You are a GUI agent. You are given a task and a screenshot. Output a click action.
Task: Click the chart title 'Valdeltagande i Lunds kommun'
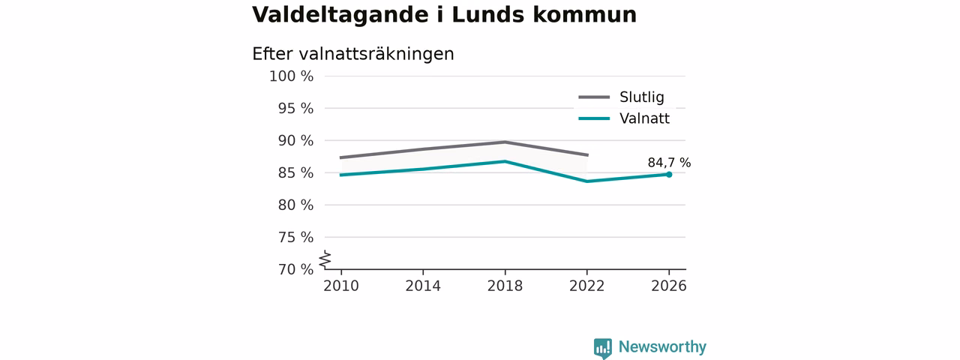(444, 15)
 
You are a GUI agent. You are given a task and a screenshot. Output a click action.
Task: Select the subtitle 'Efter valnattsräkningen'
(352, 54)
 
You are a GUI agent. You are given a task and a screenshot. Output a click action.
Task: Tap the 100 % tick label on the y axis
(291, 76)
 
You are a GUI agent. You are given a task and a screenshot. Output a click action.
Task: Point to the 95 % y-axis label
(295, 109)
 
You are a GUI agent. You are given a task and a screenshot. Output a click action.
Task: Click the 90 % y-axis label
(295, 140)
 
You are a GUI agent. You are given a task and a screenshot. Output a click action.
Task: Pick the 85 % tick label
(295, 172)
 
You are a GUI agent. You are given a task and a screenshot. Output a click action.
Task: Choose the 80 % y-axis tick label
(295, 205)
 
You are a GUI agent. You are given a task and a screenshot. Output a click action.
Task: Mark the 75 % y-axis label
(295, 237)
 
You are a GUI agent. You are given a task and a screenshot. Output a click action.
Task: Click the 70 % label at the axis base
(295, 269)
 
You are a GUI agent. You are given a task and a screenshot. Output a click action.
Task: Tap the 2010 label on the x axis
(341, 286)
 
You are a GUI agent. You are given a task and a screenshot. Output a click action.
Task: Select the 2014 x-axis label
(423, 286)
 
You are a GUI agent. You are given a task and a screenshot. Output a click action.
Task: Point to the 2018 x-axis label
(505, 286)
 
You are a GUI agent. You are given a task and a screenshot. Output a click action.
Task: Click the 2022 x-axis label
(586, 286)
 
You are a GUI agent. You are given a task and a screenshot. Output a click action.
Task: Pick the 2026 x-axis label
(668, 286)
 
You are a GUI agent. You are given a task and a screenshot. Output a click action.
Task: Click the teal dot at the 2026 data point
(669, 175)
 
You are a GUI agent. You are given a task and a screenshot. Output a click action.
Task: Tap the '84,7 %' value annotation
(669, 163)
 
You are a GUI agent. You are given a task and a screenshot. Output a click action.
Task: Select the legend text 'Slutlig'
(641, 97)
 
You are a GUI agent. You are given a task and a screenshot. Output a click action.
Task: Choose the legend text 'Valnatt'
(644, 118)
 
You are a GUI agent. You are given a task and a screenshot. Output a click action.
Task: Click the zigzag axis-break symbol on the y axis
(325, 259)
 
